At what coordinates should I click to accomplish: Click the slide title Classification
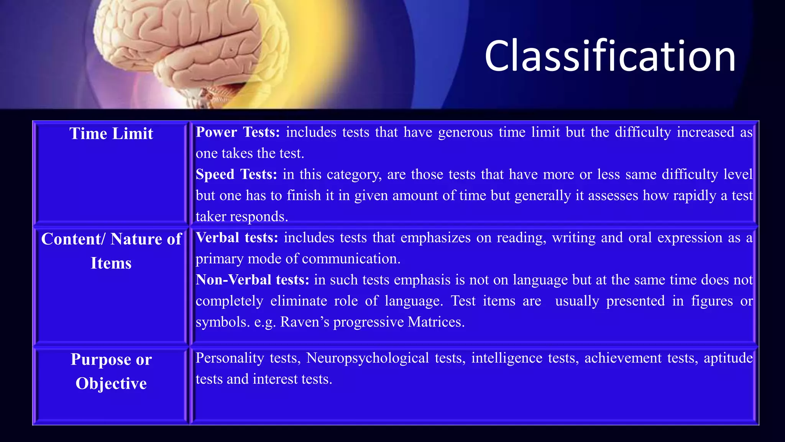click(610, 56)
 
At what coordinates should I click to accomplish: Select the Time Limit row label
click(111, 134)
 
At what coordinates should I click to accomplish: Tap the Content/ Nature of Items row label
click(111, 251)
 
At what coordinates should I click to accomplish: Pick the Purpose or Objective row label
click(111, 371)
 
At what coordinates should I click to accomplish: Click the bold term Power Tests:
click(238, 132)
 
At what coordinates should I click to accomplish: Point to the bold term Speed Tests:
click(236, 174)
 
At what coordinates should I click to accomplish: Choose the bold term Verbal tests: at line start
click(237, 237)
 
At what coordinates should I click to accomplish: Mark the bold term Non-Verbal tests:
click(252, 280)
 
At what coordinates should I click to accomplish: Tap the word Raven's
click(305, 322)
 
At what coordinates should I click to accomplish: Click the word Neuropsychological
click(367, 358)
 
